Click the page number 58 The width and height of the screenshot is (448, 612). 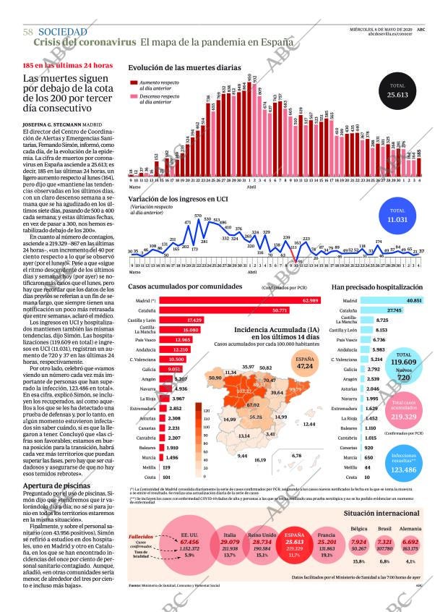point(28,33)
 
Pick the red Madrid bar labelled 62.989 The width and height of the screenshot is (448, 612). point(239,299)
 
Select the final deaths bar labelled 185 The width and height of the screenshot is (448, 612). point(420,163)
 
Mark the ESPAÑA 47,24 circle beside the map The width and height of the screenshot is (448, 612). point(305,362)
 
